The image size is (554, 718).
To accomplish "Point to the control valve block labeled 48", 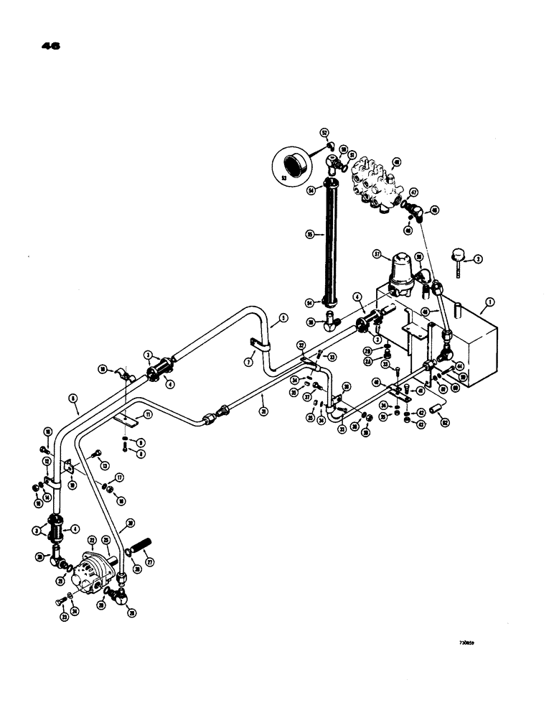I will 378,185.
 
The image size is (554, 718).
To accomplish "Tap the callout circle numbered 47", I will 414,192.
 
